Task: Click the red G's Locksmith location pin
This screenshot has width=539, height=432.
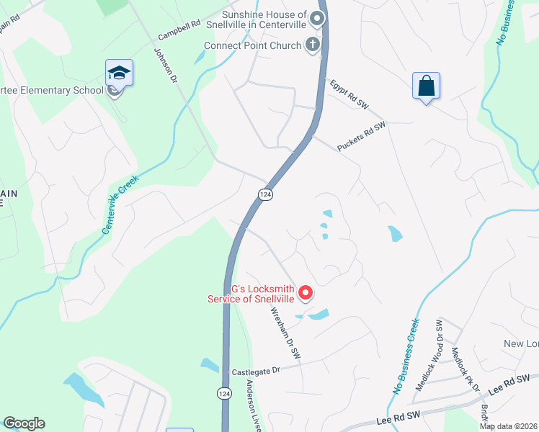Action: click(306, 292)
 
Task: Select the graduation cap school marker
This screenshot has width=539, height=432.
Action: click(119, 73)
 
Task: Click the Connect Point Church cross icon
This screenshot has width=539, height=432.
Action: click(313, 45)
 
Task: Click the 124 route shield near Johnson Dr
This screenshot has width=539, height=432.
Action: click(265, 195)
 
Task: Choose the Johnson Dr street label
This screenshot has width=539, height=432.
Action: click(165, 63)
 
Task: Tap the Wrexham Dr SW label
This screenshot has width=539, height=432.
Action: click(285, 334)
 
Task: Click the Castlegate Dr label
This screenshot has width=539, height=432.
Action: click(255, 372)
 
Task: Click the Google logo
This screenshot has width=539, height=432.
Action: click(24, 423)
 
